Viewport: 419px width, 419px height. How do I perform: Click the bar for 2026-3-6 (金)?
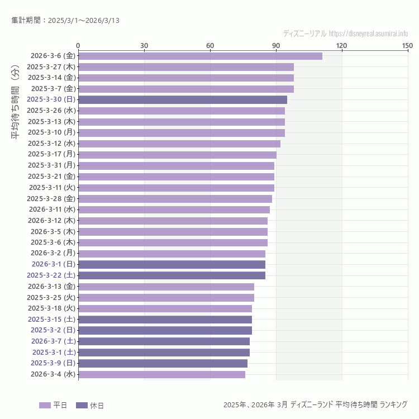coord(200,56)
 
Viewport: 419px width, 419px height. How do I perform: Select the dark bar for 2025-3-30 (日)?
coord(183,99)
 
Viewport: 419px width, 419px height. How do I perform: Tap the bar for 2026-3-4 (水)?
coord(161,374)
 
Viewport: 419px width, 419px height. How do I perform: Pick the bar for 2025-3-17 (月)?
coord(177,155)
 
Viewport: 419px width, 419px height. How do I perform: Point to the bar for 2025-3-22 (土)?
coord(172,275)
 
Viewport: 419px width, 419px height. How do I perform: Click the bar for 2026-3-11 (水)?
coord(174,209)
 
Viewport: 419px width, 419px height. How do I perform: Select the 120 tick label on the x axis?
coord(342,45)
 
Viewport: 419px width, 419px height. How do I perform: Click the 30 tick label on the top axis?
coord(144,45)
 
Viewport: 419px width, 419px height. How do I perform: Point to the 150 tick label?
coord(407,45)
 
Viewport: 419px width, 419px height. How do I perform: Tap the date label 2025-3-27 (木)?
coord(51,67)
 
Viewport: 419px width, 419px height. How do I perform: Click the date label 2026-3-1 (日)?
coord(54,264)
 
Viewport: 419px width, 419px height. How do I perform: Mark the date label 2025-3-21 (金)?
coord(51,177)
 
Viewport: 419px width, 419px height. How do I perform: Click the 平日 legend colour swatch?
coord(45,405)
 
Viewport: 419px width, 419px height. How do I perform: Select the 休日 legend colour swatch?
coord(82,405)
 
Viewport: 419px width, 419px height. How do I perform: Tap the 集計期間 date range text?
coord(65,21)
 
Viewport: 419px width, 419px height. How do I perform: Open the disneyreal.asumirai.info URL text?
coord(369,34)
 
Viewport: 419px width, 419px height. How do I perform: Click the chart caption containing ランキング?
coord(315,404)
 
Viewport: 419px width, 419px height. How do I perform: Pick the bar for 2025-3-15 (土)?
coord(165,320)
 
